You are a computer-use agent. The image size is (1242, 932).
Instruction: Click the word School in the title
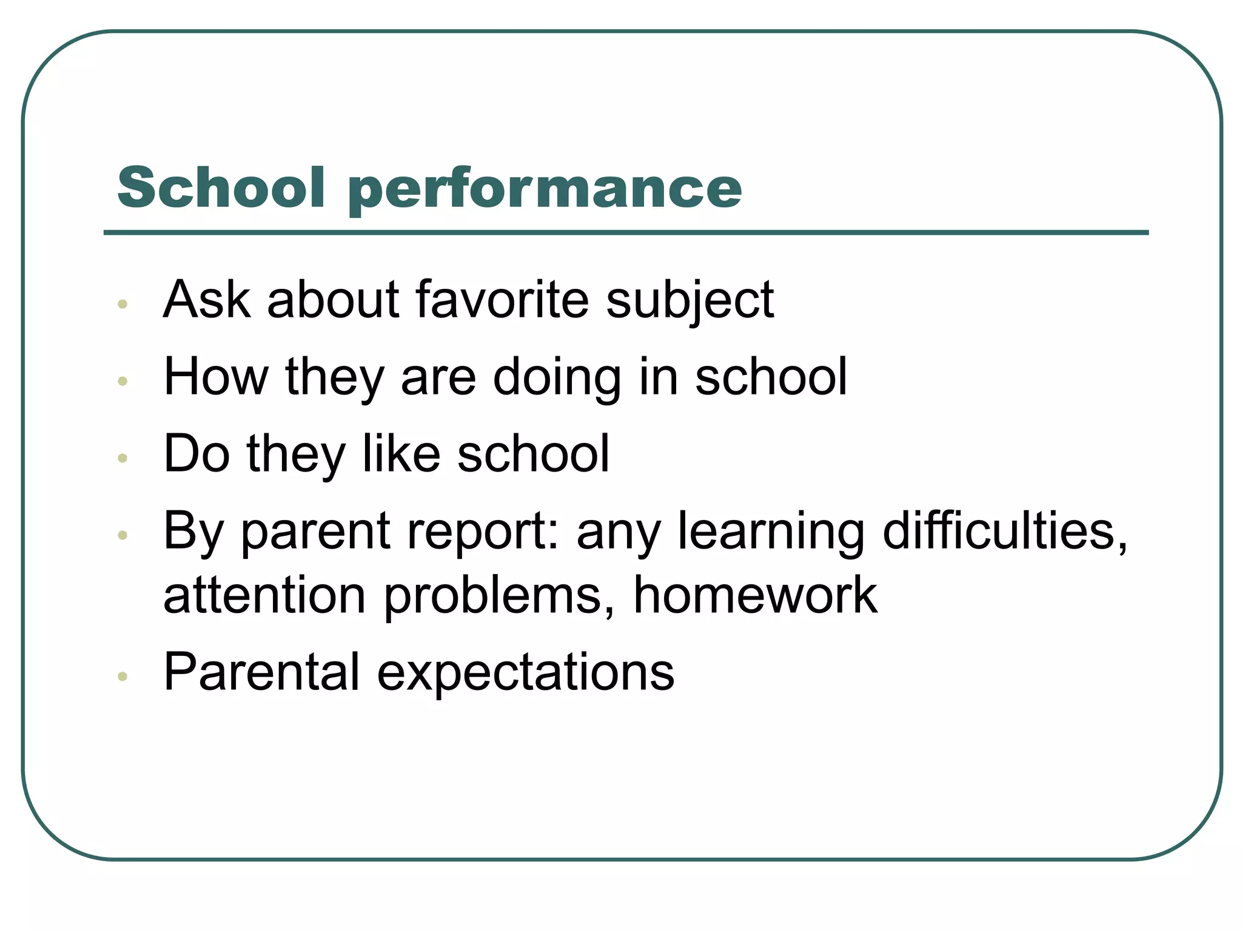tap(221, 187)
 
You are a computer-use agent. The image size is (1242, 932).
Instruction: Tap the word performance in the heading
tap(545, 189)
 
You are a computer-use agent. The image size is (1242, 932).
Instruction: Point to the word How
tap(216, 376)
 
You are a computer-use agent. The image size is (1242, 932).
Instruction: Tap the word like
tap(401, 453)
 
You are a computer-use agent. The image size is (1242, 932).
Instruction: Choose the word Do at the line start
tap(196, 453)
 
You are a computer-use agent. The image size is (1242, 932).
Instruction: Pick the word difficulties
tap(1005, 531)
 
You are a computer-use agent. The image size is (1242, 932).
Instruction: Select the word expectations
tap(525, 674)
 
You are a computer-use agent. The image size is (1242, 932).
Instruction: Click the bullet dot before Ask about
tap(123, 304)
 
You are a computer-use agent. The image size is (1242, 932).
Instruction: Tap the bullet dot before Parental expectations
tap(123, 676)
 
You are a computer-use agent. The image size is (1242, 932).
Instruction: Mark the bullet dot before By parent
tap(123, 535)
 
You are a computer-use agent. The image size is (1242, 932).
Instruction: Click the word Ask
tap(207, 299)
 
